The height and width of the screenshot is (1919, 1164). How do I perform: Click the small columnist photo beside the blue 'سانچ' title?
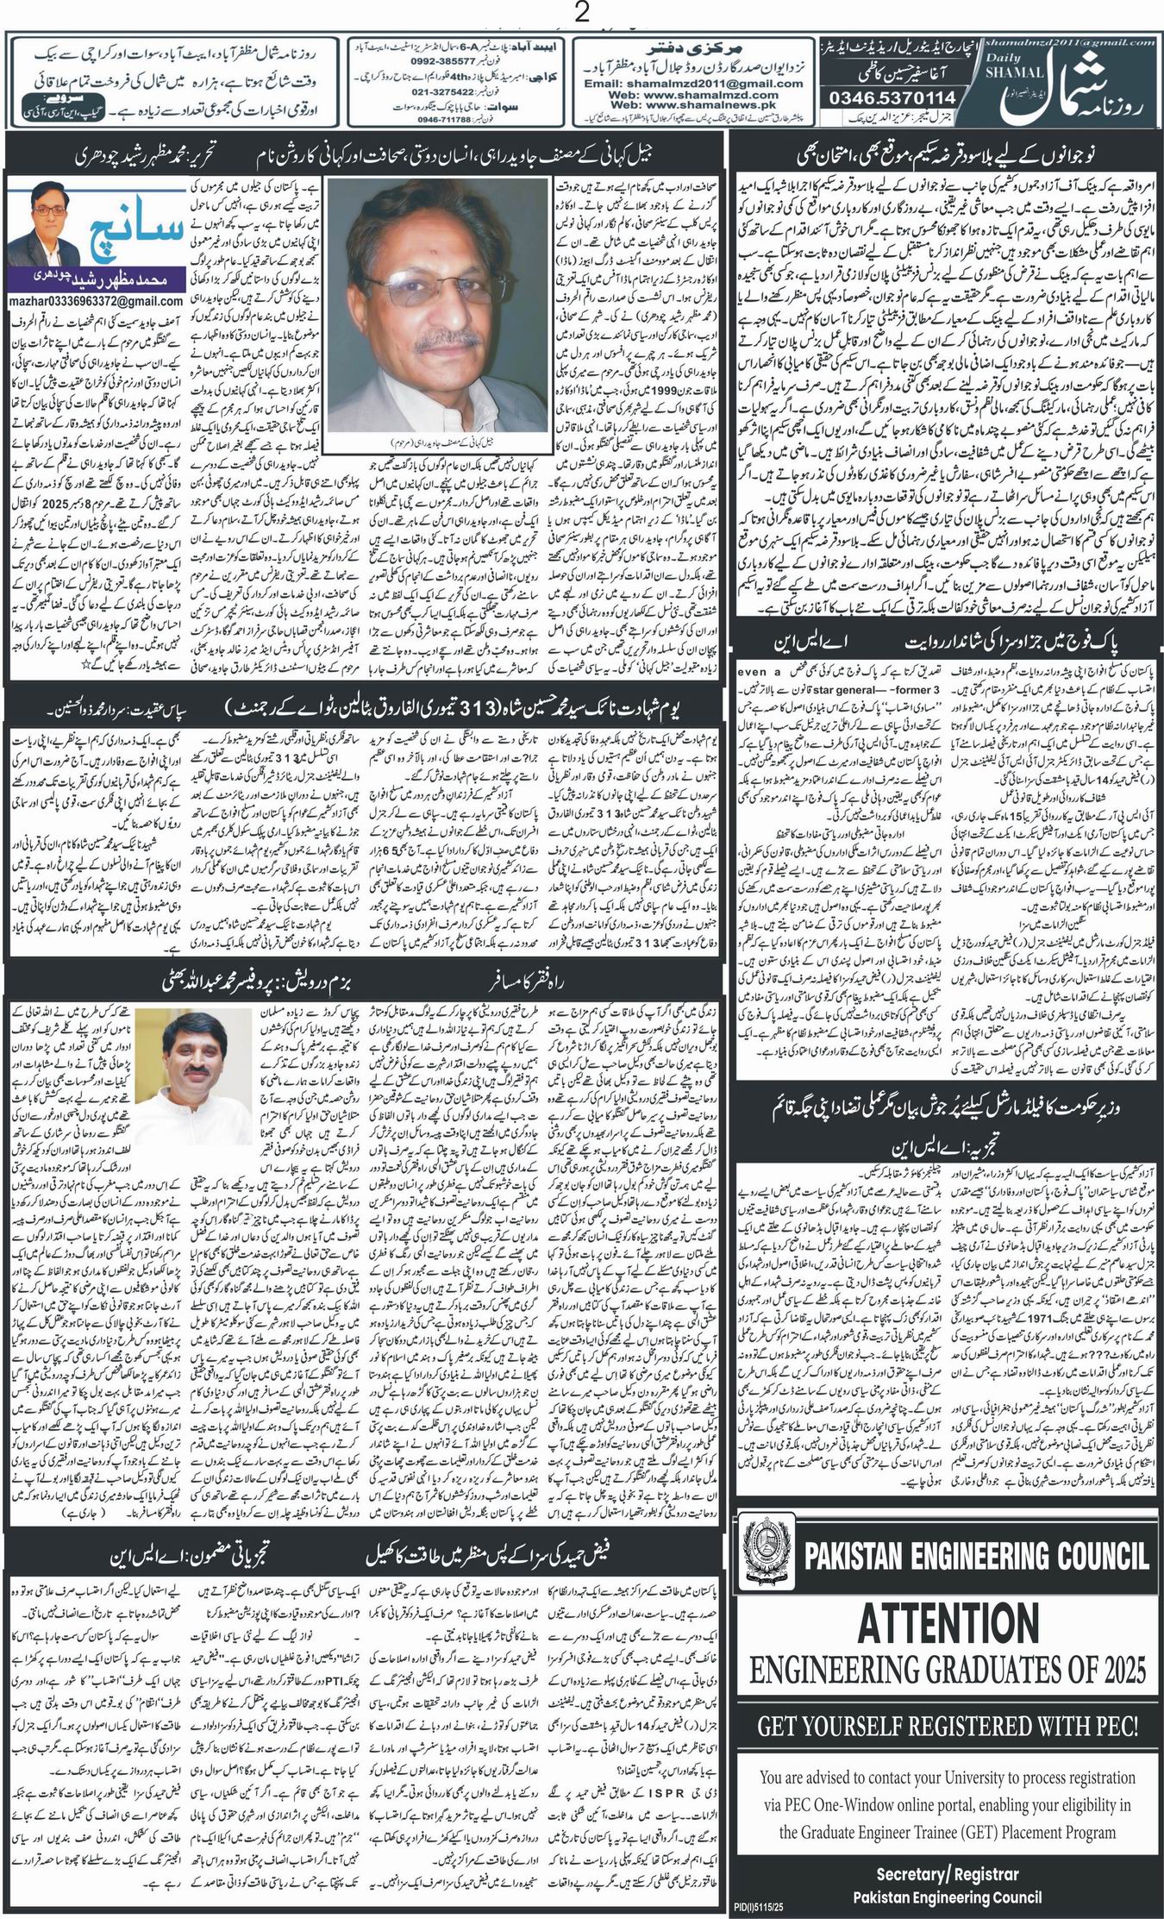[44, 230]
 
